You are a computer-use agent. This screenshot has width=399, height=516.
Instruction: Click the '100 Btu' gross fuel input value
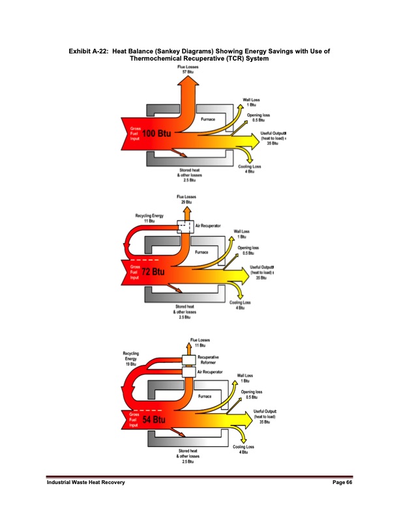[157, 133]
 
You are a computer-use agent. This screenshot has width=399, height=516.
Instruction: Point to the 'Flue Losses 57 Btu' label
[188, 69]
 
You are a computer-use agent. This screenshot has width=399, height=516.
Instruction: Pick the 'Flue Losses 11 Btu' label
[199, 342]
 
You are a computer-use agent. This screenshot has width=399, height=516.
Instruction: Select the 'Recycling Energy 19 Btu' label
[130, 358]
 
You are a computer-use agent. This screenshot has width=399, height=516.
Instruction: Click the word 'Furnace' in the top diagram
[208, 120]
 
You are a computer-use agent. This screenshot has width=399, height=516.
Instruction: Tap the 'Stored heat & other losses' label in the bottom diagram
[190, 456]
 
